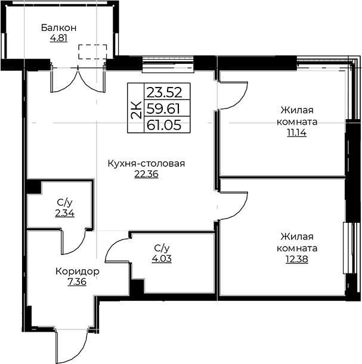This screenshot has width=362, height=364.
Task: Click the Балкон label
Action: pos(58,28)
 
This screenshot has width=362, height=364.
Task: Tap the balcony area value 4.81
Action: pos(58,38)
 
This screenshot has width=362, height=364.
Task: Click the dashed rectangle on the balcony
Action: pos(92,52)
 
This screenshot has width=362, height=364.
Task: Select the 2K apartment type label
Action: pos(136,110)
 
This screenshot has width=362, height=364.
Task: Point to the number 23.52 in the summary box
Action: pos(164,92)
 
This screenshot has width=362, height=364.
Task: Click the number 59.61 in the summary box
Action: pos(163,108)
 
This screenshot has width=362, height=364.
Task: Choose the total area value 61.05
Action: pos(164,125)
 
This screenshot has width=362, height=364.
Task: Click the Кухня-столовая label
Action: pos(146,164)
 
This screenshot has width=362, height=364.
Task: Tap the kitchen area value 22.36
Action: pos(146,174)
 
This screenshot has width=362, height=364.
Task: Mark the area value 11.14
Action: pos(297,133)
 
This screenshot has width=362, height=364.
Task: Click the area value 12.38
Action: pos(297,259)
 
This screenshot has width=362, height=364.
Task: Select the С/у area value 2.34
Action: pos(65,213)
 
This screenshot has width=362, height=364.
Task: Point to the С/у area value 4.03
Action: pos(162,259)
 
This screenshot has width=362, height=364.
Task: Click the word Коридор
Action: pos(78,271)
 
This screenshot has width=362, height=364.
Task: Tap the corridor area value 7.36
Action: pos(77,282)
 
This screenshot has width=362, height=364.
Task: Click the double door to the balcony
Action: pos(78,80)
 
